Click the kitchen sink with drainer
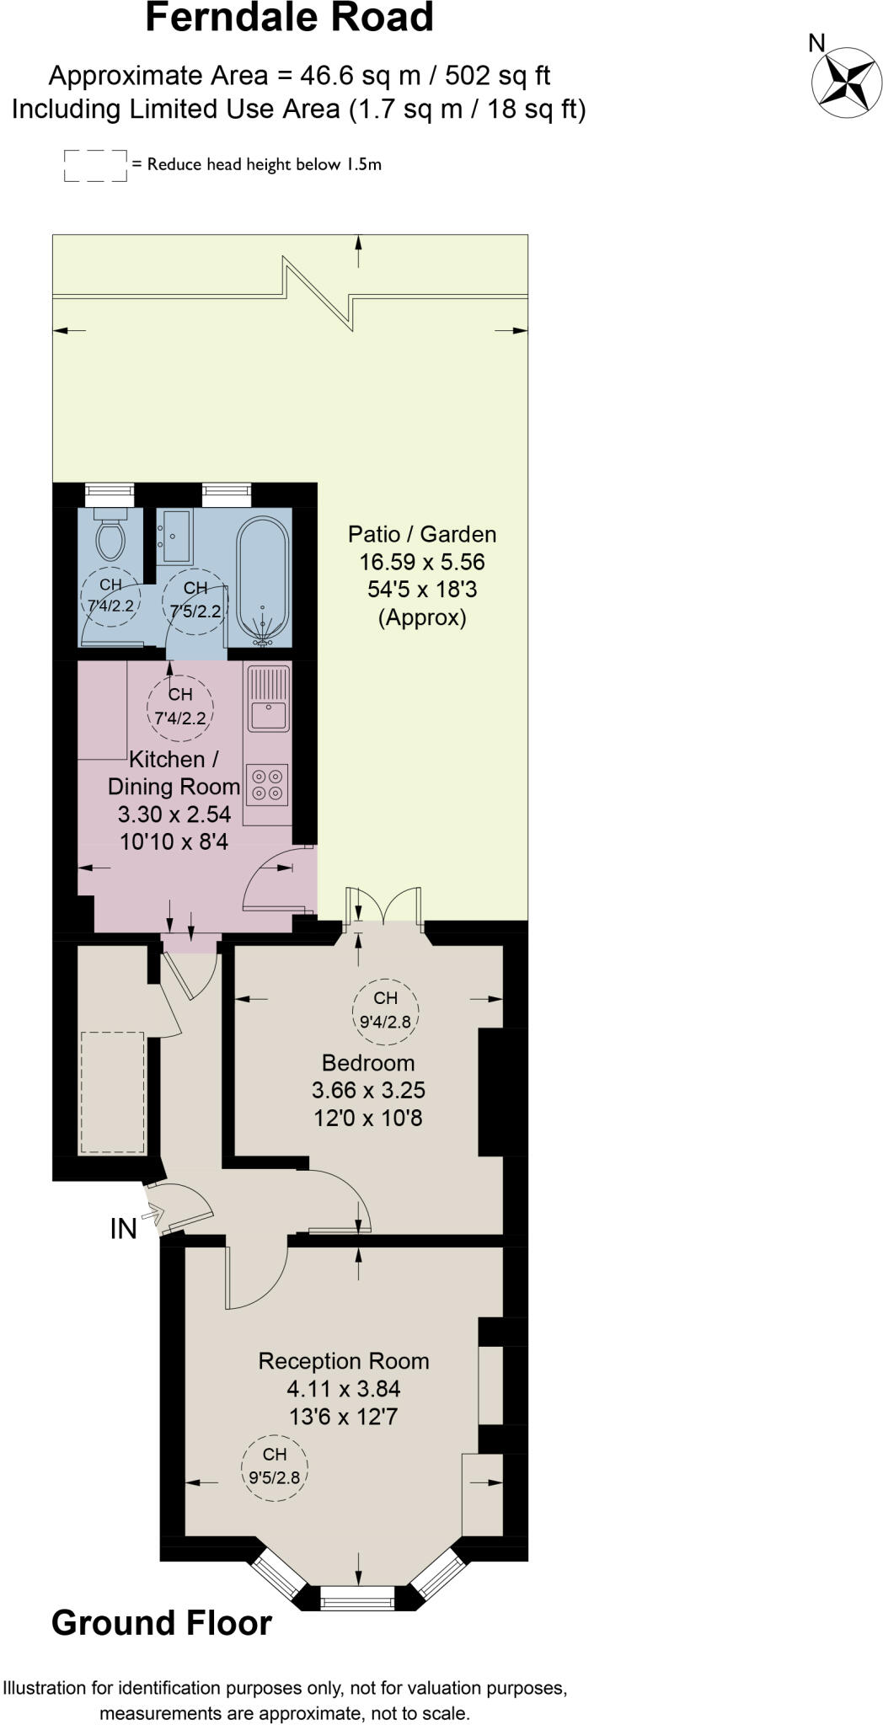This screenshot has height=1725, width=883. pyautogui.click(x=268, y=698)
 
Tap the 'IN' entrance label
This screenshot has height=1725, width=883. pyautogui.click(x=123, y=1230)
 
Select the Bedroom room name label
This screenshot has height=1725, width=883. pyautogui.click(x=368, y=1062)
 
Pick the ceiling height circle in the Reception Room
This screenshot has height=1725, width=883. pyautogui.click(x=275, y=1467)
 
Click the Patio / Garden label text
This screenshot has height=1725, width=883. pyautogui.click(x=422, y=534)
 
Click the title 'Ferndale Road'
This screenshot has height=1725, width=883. pyautogui.click(x=289, y=19)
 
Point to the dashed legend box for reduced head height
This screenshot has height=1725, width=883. pyautogui.click(x=95, y=166)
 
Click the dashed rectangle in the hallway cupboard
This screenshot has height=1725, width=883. pyautogui.click(x=112, y=1092)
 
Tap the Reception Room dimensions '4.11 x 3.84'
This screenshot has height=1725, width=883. pyautogui.click(x=344, y=1389)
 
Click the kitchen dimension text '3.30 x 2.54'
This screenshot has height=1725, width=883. pyautogui.click(x=174, y=814)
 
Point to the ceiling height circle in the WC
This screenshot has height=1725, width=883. pyautogui.click(x=110, y=594)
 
